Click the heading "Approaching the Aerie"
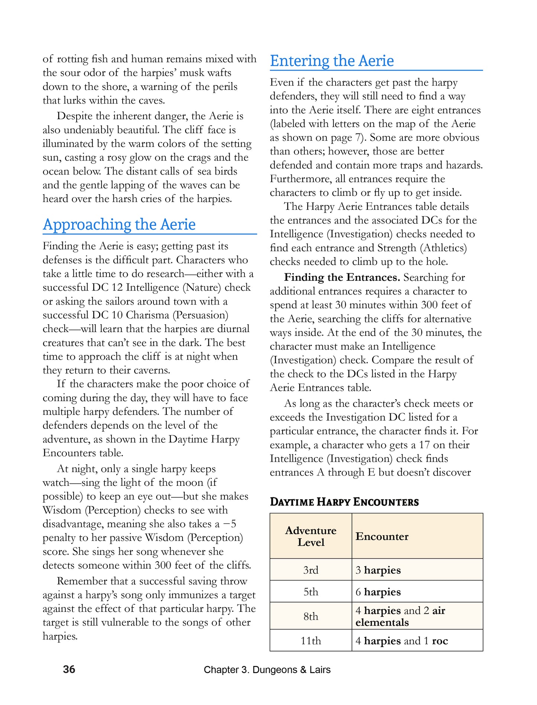[x=119, y=224]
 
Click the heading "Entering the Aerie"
[x=331, y=61]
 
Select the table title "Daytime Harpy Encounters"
[x=344, y=502]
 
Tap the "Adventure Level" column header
[x=311, y=536]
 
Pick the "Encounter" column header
[x=382, y=536]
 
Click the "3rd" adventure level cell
[x=311, y=570]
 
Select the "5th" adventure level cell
[x=311, y=591]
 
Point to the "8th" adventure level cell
[x=311, y=616]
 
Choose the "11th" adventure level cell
[x=311, y=641]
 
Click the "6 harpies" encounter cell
[x=378, y=592]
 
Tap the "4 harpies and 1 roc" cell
[x=401, y=641]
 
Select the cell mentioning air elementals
[x=400, y=616]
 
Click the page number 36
[x=69, y=669]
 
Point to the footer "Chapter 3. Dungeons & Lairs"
[x=267, y=670]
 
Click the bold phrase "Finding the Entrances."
[x=342, y=277]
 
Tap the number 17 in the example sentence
[x=425, y=445]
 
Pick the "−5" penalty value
[x=230, y=524]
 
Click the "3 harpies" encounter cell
[x=378, y=570]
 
